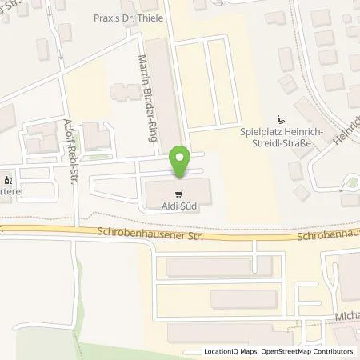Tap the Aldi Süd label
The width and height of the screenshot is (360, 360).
(181, 206)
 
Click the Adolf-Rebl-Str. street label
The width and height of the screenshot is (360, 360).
(71, 147)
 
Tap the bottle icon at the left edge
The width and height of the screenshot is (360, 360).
(9, 179)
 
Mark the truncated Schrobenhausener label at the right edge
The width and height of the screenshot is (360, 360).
(327, 237)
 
